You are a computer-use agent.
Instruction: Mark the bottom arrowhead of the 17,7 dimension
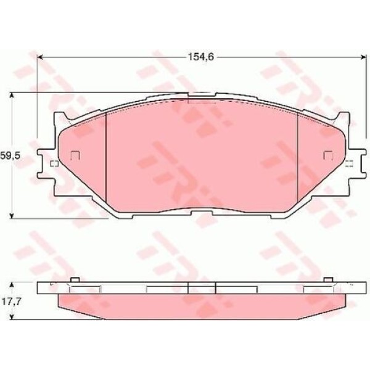pyautogui.click(x=14, y=319)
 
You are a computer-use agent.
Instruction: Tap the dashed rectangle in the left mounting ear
pyautogui.click(x=53, y=163)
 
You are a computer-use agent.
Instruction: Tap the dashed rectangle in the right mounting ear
pyautogui.click(x=350, y=163)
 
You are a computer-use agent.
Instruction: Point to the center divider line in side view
pyautogui.click(x=188, y=288)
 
